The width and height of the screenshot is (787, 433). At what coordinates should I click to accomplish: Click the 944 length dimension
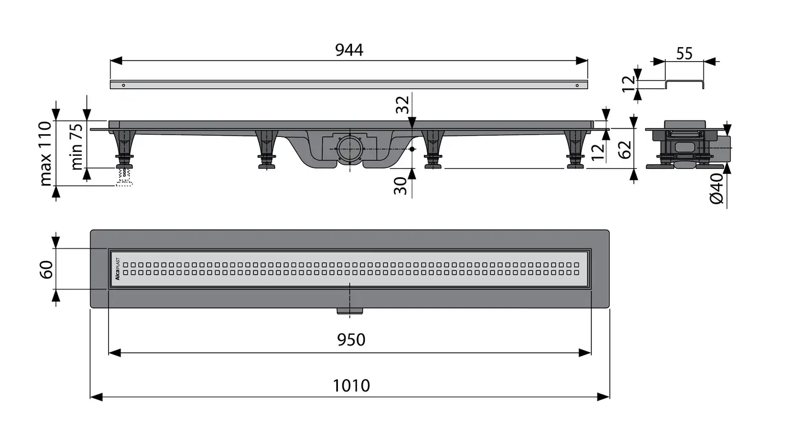coord(349,50)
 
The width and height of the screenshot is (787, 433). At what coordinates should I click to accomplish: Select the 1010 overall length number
coord(351,386)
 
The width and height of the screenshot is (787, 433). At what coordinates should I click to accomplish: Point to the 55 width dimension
coord(684,54)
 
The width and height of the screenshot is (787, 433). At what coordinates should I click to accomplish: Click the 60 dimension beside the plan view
coord(47,269)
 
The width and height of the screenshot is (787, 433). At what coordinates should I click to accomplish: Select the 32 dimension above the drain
coord(402,104)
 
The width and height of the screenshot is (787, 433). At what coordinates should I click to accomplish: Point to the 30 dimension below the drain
coord(400,186)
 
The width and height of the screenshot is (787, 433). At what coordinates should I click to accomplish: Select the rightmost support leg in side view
coord(575,149)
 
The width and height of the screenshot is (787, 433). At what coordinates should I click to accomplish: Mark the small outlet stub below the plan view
coord(350,310)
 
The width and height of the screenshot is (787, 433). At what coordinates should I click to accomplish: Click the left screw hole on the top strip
coord(124,85)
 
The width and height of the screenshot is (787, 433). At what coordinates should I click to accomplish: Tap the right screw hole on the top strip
coord(577,85)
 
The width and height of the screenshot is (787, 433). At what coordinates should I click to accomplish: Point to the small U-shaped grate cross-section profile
coord(684,84)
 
